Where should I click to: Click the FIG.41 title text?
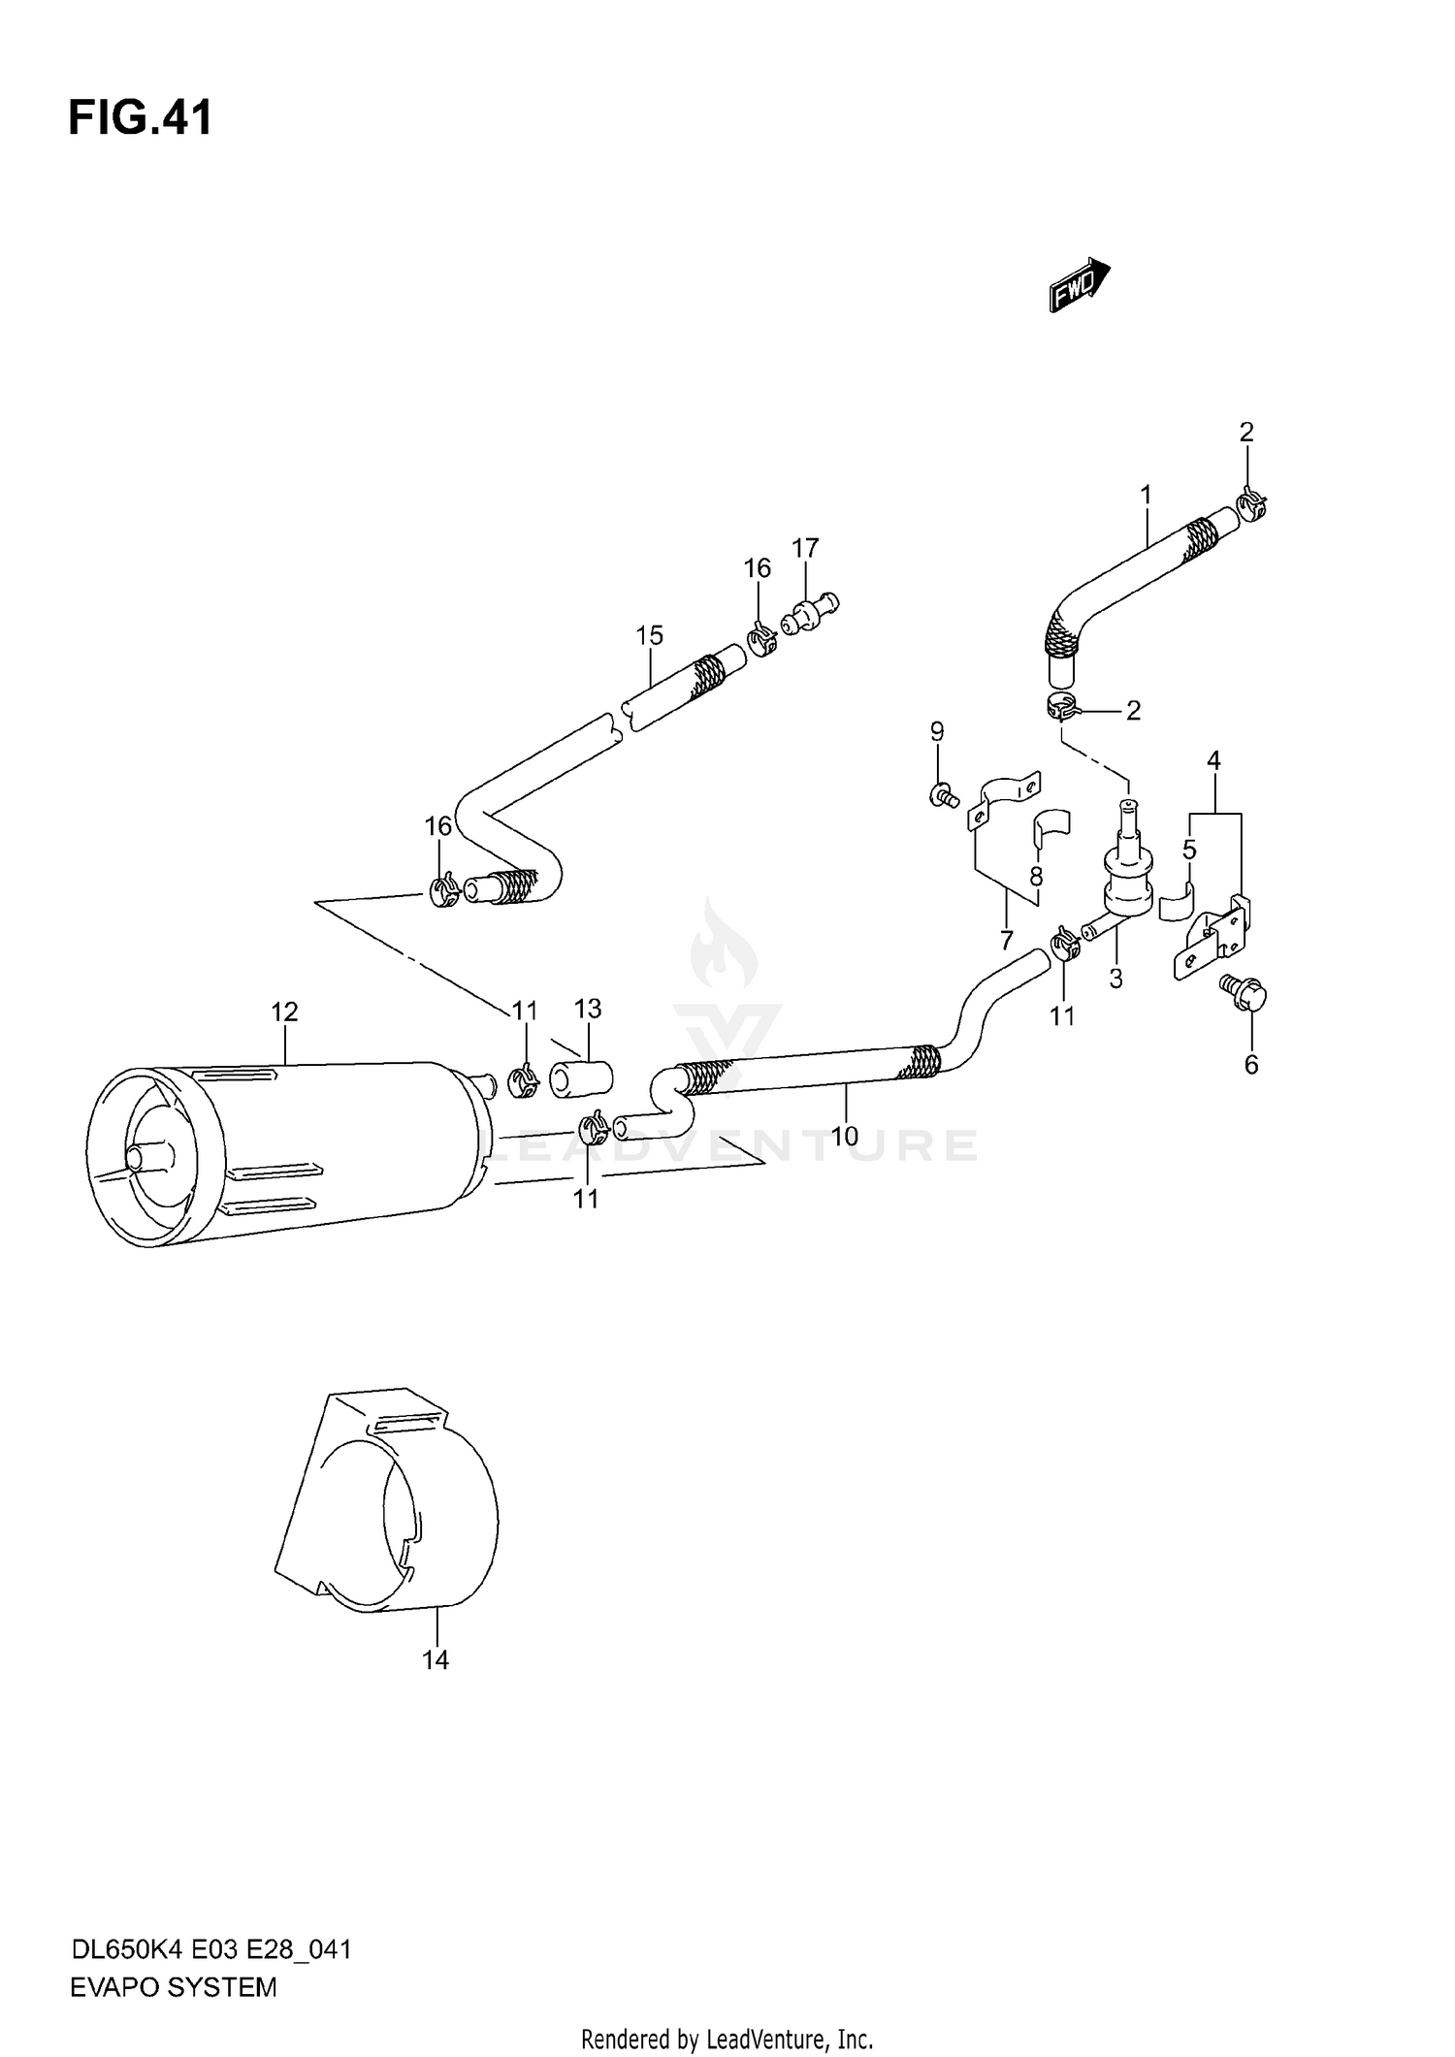click(140, 119)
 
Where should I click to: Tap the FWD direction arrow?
click(1079, 284)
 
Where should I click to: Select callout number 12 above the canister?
click(284, 1012)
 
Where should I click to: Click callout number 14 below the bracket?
click(436, 1660)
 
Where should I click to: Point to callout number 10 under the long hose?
click(844, 1136)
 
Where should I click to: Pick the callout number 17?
click(805, 548)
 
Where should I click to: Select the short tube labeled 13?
click(581, 1078)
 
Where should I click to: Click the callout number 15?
click(649, 635)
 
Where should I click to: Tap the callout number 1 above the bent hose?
click(1146, 495)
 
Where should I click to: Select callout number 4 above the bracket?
click(1213, 760)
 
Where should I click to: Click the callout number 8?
click(1036, 877)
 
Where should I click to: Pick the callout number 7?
click(1006, 940)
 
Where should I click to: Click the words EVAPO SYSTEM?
click(174, 1987)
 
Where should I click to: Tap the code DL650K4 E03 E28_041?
click(210, 1948)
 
